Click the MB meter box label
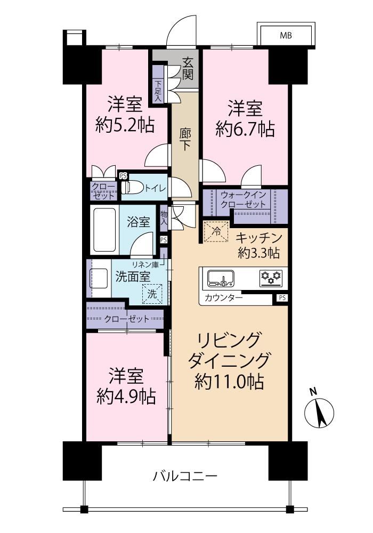coord(286,35)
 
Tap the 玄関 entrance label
coord(188,68)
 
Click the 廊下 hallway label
coord(185,139)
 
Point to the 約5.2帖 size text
coord(125,125)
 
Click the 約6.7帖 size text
coord(245,130)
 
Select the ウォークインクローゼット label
coord(243,199)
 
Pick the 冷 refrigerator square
coord(216,231)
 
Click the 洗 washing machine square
coord(152,294)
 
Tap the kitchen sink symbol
coord(221,279)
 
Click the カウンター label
coord(223,298)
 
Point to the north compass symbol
coord(319,412)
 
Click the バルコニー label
coord(185,476)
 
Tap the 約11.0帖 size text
coord(230,382)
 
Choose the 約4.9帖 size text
coord(126,397)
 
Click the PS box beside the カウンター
coord(282,298)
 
